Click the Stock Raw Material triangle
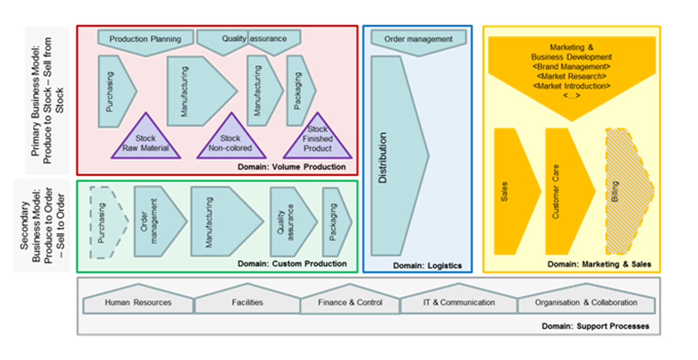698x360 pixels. [145, 142]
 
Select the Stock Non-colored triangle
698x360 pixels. [230, 142]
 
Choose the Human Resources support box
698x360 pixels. [138, 303]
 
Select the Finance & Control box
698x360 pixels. [350, 303]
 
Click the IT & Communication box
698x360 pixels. [459, 303]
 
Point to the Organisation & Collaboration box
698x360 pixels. [586, 303]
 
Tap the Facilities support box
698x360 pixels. [247, 303]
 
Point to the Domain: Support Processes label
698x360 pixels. [595, 327]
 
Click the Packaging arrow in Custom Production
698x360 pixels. [335, 222]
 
